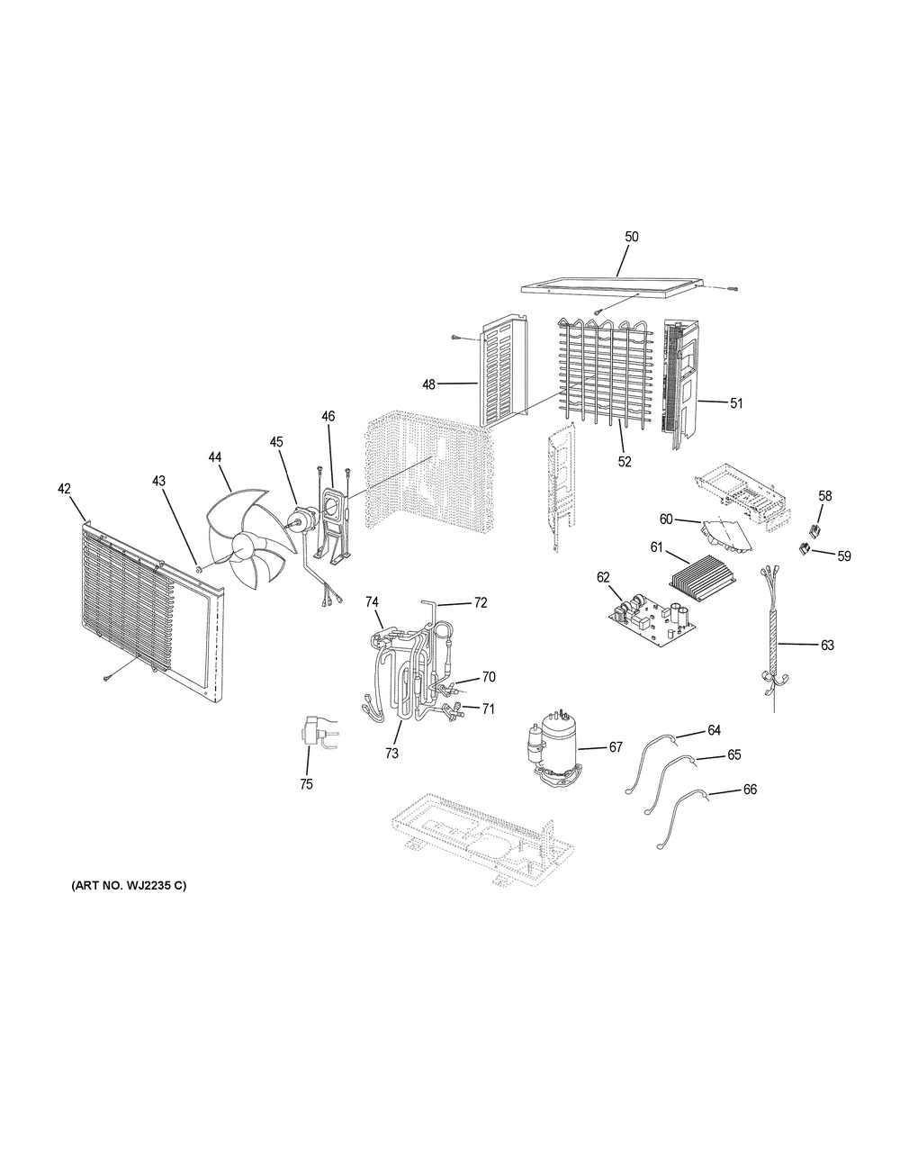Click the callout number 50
click(632, 237)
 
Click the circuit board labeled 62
click(654, 623)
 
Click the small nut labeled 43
click(197, 568)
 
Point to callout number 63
click(827, 645)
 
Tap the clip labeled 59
click(804, 548)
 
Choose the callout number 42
click(64, 488)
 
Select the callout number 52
click(625, 462)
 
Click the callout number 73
click(391, 754)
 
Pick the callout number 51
click(736, 402)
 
